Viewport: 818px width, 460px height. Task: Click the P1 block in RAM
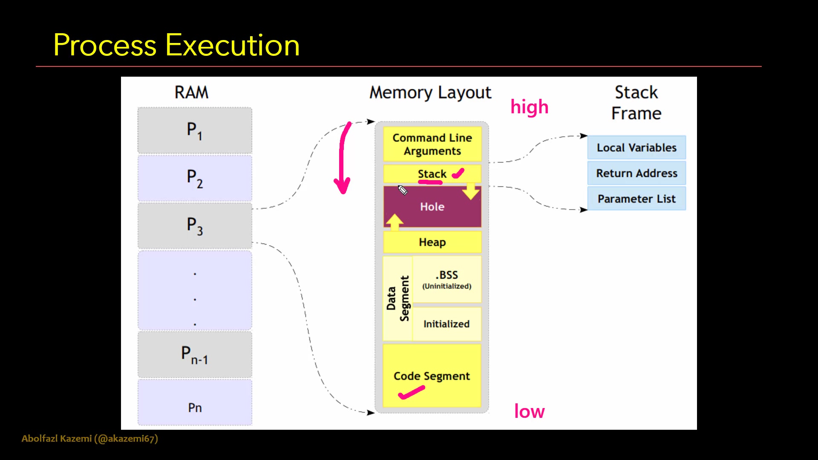pos(195,130)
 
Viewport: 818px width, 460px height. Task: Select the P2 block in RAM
pos(195,178)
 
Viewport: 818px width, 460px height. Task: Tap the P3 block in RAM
pos(195,226)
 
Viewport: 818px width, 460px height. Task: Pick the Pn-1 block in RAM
pos(195,354)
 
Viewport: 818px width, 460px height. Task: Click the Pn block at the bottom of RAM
pos(195,403)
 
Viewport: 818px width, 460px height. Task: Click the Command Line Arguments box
pos(432,144)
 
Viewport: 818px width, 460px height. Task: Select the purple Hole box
pos(432,207)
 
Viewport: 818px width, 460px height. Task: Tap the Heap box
pos(432,242)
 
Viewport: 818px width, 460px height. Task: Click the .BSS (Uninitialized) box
pos(446,279)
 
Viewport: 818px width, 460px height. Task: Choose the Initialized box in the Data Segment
pos(446,324)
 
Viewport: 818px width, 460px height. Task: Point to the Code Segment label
pos(432,376)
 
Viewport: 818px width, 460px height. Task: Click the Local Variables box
pos(637,147)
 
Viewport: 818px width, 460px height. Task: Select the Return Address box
pos(637,173)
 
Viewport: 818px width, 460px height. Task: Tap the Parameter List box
pos(637,198)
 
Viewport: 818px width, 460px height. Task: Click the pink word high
pos(529,107)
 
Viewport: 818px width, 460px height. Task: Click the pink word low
pos(529,411)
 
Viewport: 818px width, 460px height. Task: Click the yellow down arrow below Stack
pos(471,192)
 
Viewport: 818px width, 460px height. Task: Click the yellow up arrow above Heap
pos(394,221)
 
